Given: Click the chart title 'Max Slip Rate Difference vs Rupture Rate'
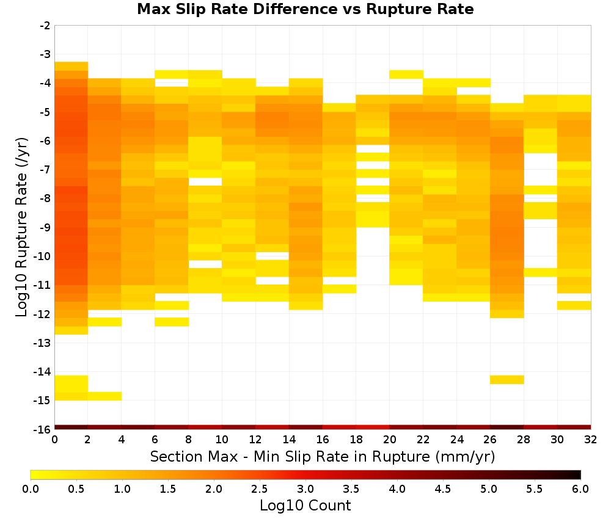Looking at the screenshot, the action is [x=305, y=9].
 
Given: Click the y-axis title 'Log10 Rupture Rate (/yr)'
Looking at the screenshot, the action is [x=22, y=227].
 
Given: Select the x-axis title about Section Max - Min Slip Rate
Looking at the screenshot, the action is [x=322, y=456].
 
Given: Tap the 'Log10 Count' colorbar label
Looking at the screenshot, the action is [x=305, y=506].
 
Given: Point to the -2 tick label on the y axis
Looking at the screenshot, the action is [x=45, y=26].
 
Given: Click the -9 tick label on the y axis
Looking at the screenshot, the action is [x=45, y=227].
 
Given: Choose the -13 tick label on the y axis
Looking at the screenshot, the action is [x=43, y=343].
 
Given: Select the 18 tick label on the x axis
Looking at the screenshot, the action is [x=356, y=440].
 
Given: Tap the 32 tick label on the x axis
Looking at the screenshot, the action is [x=591, y=440].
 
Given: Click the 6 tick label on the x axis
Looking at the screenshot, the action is [x=155, y=440].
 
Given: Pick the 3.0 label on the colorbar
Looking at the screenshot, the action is [x=305, y=488].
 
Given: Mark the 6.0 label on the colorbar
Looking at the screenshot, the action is [x=580, y=488].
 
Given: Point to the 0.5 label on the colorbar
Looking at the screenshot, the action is [x=76, y=488].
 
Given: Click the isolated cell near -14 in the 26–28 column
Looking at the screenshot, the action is [x=507, y=380].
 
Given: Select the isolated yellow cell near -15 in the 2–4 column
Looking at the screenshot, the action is [x=105, y=396].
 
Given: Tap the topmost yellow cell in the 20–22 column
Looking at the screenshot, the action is [x=406, y=74].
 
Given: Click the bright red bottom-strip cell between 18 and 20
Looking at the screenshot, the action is [x=373, y=427].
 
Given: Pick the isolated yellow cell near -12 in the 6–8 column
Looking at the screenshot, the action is [x=172, y=322].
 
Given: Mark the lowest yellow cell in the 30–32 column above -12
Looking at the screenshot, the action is [x=574, y=306].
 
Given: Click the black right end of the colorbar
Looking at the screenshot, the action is [x=578, y=474].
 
